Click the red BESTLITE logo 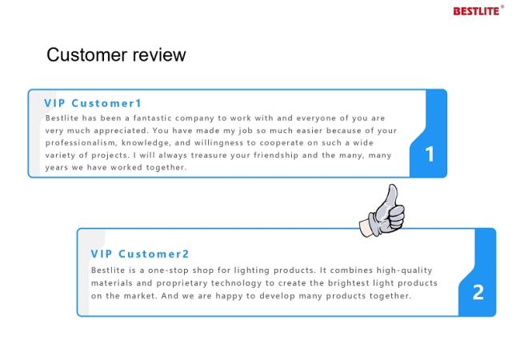click(x=478, y=11)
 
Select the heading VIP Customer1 click(x=93, y=103)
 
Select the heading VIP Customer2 click(x=140, y=254)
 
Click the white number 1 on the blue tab click(x=430, y=154)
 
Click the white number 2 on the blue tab click(x=478, y=292)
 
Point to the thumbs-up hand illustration click(x=382, y=211)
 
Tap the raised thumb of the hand click(x=392, y=195)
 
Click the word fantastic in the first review click(x=153, y=118)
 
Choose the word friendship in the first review click(x=276, y=155)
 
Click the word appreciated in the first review click(x=121, y=130)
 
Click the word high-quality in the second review click(x=405, y=270)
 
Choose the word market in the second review click(x=140, y=296)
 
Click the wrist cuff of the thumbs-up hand click(x=366, y=228)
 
